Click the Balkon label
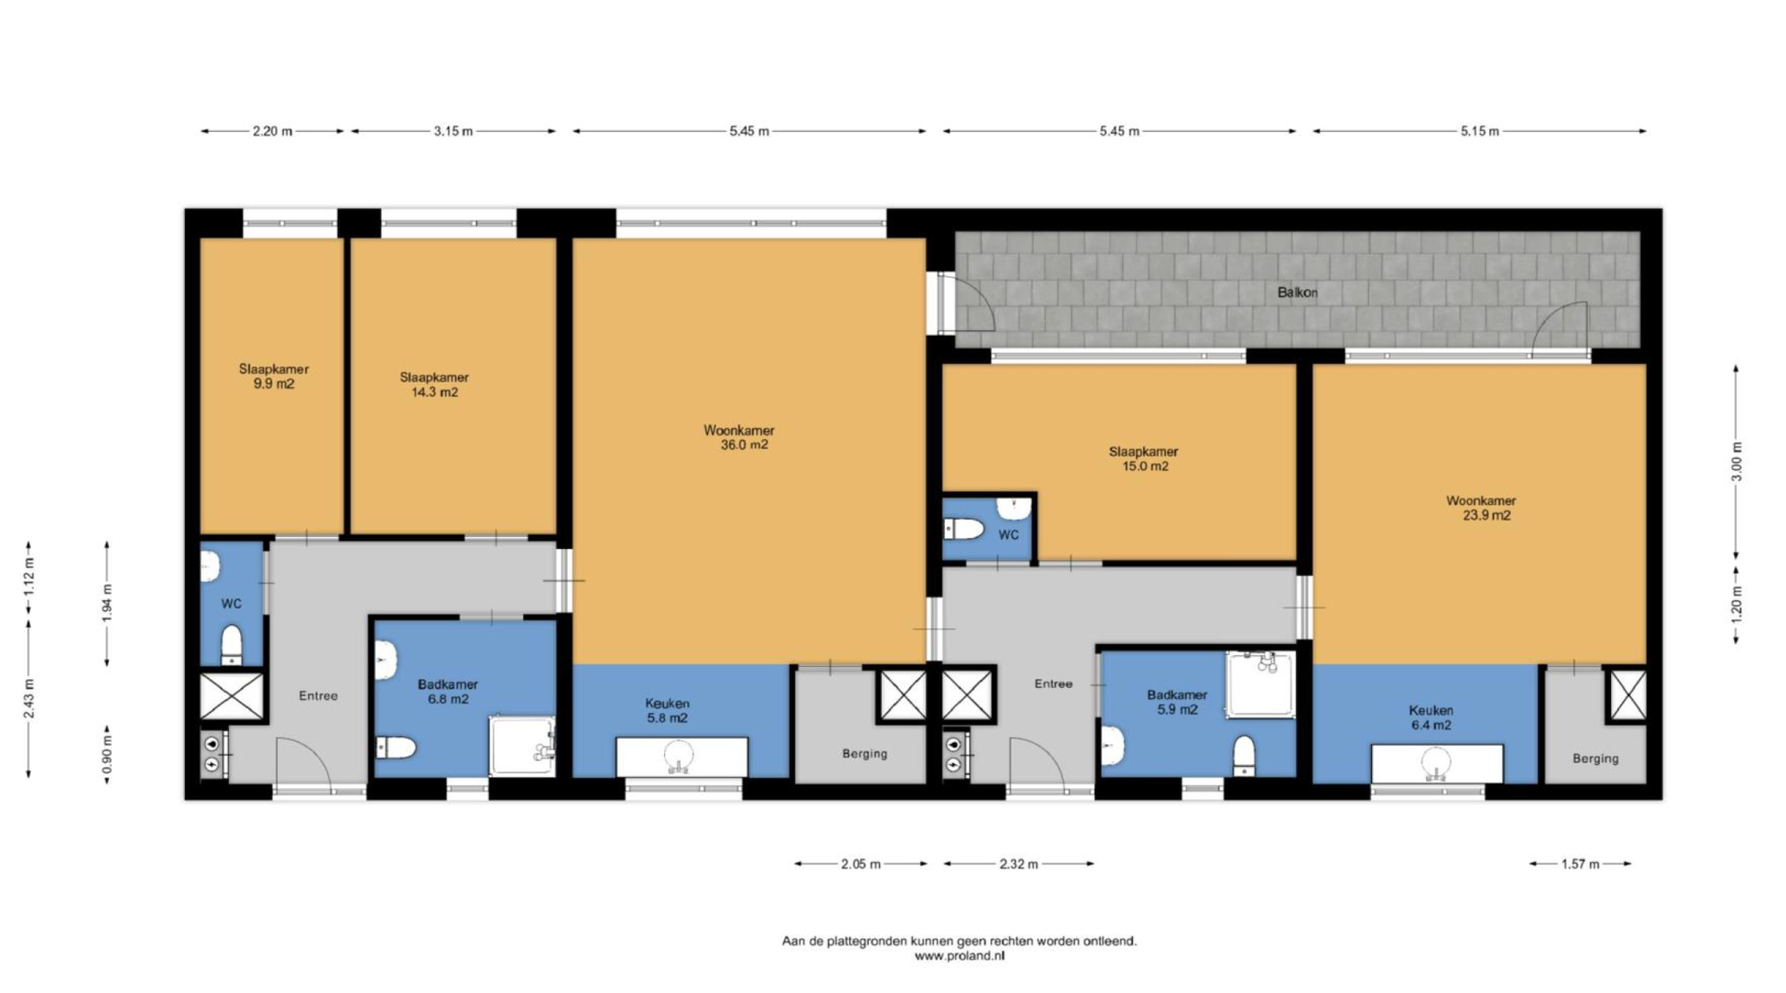click(x=1297, y=292)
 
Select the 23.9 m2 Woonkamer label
click(x=1482, y=507)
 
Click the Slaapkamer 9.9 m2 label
click(x=273, y=376)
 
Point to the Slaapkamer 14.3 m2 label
click(x=434, y=384)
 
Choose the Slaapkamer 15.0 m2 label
click(x=1144, y=459)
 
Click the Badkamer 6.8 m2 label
click(x=447, y=691)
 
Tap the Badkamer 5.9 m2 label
click(x=1177, y=702)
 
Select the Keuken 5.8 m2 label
click(x=667, y=711)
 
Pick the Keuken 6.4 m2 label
click(x=1431, y=718)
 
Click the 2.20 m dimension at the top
click(x=273, y=131)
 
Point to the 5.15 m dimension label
click(x=1480, y=131)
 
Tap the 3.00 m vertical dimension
click(x=1736, y=462)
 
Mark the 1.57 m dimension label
click(x=1580, y=864)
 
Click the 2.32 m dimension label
click(x=1019, y=864)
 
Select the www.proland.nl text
click(x=959, y=956)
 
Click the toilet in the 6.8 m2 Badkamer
click(x=395, y=746)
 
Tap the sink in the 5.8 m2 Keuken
click(x=681, y=757)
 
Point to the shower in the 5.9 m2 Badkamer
click(x=1260, y=684)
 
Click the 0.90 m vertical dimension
click(x=107, y=755)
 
